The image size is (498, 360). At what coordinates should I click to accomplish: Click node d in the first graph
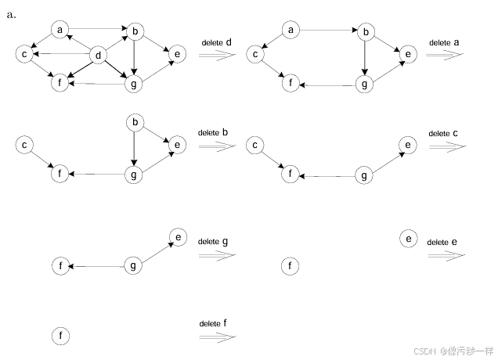click(99, 55)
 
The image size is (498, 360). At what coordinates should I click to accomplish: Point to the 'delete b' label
click(213, 133)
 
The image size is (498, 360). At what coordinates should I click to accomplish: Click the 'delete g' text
click(213, 243)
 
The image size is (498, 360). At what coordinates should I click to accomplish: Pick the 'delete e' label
click(442, 243)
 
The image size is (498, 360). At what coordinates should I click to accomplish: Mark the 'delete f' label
click(214, 323)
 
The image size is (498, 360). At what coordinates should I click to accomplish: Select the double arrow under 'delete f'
click(217, 337)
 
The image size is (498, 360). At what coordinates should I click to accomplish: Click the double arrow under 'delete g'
click(217, 256)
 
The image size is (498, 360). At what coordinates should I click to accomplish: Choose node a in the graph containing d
click(60, 30)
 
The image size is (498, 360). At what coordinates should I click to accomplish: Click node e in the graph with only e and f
click(407, 238)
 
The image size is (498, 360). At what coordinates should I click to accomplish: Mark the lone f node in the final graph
click(61, 337)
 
